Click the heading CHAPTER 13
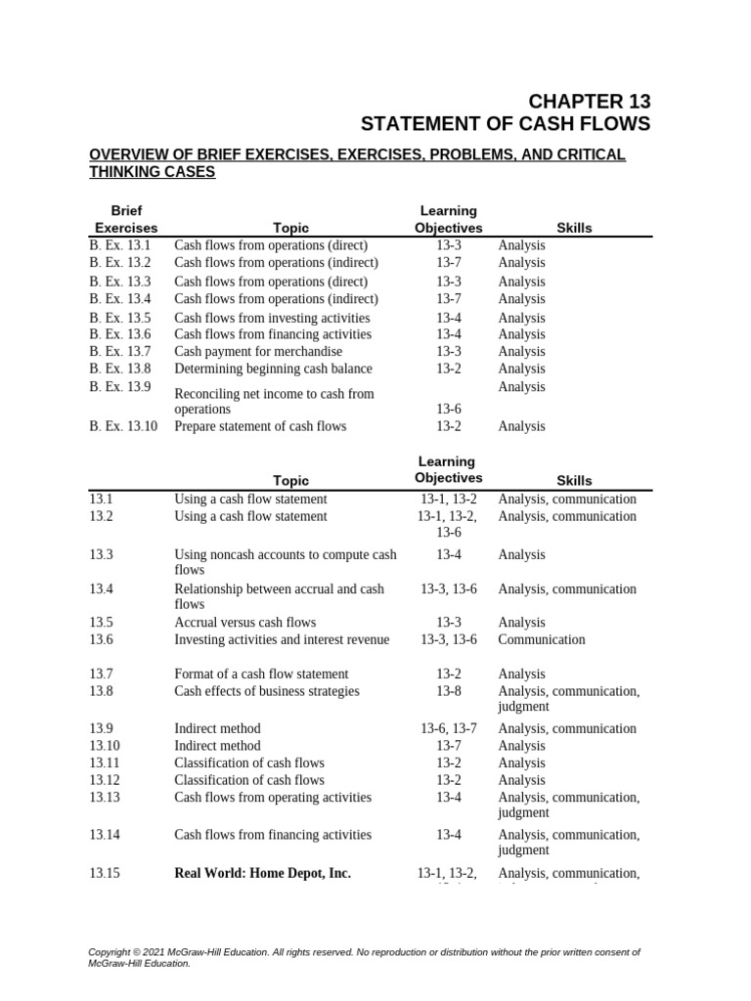[x=589, y=102]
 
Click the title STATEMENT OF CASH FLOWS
[x=505, y=124]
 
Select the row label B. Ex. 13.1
[x=120, y=245]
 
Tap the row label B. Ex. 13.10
[x=123, y=426]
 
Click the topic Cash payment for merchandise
[x=258, y=351]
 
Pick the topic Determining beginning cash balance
[x=273, y=369]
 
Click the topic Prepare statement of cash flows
[x=260, y=426]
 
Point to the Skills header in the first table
[x=574, y=228]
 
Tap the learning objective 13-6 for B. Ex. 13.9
[x=449, y=409]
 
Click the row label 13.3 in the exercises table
[x=102, y=554]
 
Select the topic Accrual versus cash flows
[x=244, y=622]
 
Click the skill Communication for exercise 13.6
[x=542, y=639]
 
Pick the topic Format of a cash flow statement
[x=261, y=674]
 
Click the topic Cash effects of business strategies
[x=267, y=691]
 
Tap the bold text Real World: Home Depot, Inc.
[x=262, y=873]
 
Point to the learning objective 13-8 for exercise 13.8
[x=449, y=691]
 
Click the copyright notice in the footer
[x=364, y=957]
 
